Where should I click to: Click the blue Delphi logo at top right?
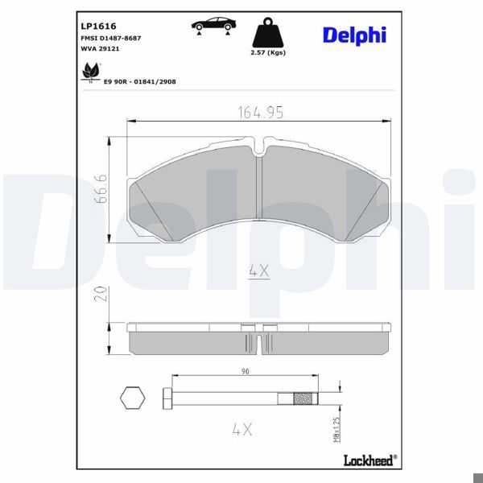tap(354, 35)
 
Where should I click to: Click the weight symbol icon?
tap(268, 33)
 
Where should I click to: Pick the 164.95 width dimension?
tap(260, 113)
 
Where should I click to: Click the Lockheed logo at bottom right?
tap(368, 460)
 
